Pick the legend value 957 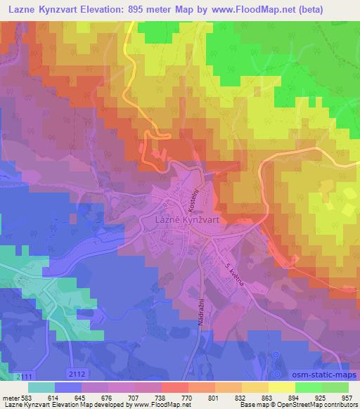346,398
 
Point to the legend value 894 281,398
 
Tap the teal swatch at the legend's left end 41,386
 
